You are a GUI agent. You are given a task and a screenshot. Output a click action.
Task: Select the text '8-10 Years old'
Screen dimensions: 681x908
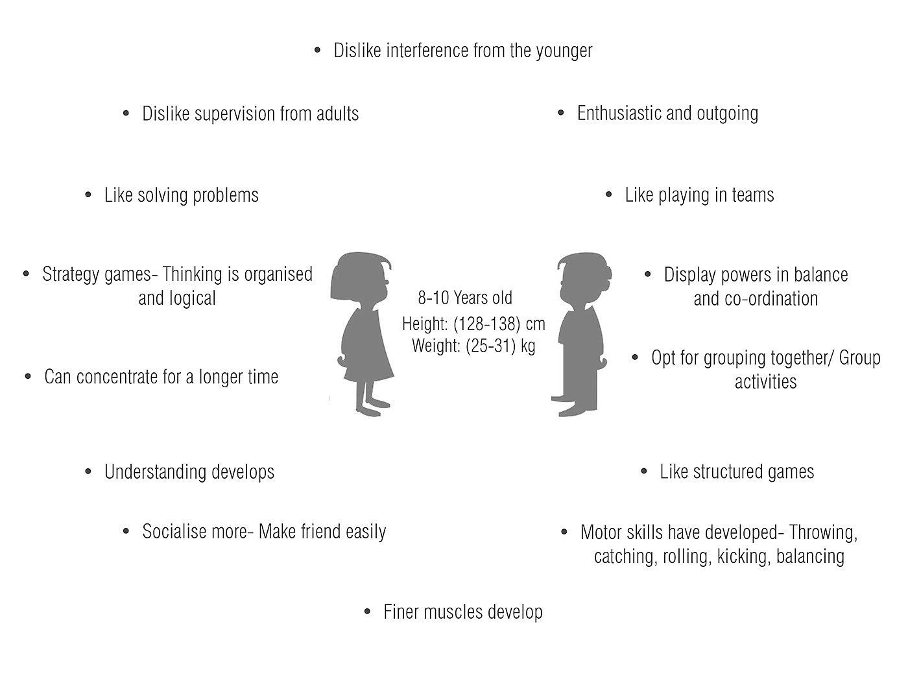coord(465,298)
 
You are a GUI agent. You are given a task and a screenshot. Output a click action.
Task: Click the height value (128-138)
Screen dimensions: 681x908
coord(483,323)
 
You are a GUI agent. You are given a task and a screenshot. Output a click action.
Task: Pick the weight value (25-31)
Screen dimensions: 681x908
coord(491,346)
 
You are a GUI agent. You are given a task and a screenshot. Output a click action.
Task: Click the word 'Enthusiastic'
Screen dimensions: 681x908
coord(619,113)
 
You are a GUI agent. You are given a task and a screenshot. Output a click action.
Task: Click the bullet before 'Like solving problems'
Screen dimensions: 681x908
coord(89,195)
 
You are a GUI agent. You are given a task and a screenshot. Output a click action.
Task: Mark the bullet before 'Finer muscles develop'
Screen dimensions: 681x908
coord(368,611)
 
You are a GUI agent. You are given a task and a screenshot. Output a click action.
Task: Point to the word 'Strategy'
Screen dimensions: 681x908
coord(69,274)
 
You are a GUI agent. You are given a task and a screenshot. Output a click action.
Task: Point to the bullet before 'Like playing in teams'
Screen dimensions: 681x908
coord(609,195)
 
